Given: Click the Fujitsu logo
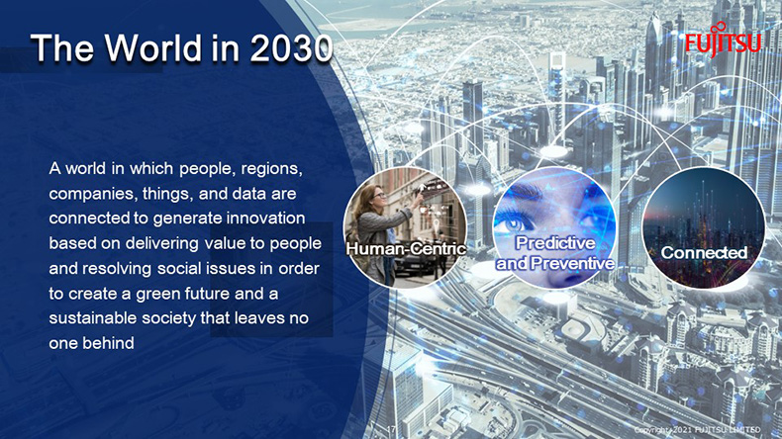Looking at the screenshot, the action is (x=723, y=40).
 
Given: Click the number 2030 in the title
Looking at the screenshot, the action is (x=291, y=48).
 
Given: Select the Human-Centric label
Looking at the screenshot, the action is (x=406, y=248).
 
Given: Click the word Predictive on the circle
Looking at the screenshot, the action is (x=555, y=242).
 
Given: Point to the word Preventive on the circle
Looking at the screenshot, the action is (x=574, y=263).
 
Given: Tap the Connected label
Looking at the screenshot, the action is (x=704, y=253).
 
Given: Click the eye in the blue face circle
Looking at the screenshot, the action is (x=514, y=223).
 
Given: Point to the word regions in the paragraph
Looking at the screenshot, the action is (x=271, y=169).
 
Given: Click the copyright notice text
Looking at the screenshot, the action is (x=697, y=429).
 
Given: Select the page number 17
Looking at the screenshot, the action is (x=392, y=429).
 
